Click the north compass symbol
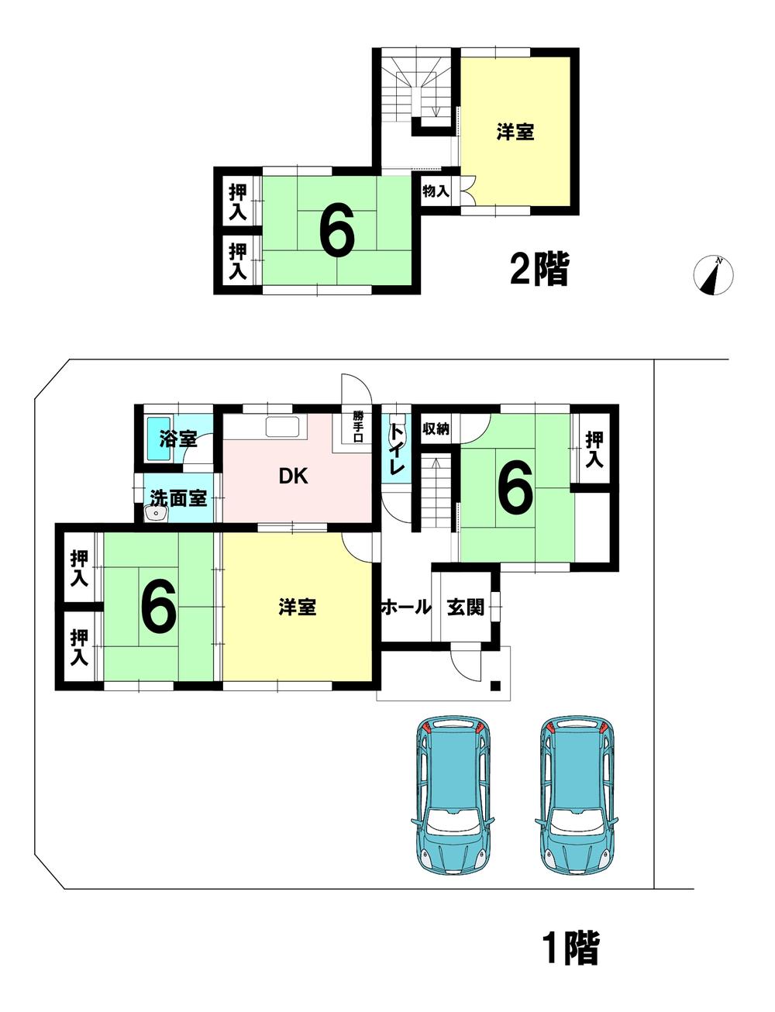(713, 275)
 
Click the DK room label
(294, 476)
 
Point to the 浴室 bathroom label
(178, 439)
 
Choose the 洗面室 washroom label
(178, 498)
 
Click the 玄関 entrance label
(465, 608)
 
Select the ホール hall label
(406, 608)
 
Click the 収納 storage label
(436, 429)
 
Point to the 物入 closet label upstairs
(436, 191)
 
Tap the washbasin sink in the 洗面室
(156, 514)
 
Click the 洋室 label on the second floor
(515, 132)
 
